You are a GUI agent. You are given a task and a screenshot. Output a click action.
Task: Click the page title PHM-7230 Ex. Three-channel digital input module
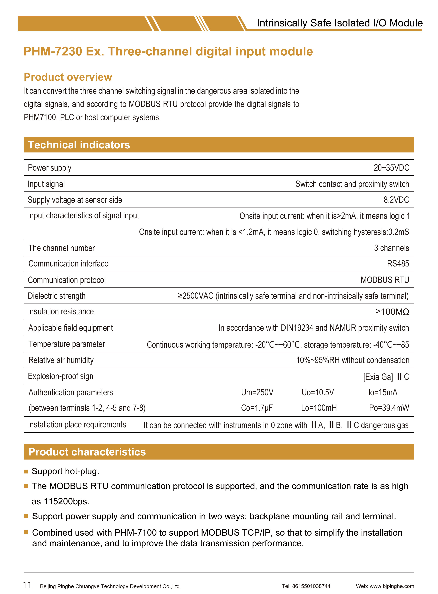(168, 51)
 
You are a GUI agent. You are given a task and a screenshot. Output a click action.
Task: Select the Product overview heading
(68, 77)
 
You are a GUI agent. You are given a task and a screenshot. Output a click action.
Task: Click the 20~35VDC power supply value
(391, 168)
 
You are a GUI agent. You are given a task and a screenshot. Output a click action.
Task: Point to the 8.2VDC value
(396, 200)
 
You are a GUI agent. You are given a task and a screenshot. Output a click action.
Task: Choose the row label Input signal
(46, 184)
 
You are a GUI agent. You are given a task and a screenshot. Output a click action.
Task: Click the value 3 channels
(391, 248)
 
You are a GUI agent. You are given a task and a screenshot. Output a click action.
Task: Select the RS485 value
(398, 264)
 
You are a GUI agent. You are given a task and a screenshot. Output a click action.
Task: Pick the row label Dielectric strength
(57, 296)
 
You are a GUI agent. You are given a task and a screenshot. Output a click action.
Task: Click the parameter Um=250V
(257, 392)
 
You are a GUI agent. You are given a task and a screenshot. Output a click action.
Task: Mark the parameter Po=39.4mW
(389, 408)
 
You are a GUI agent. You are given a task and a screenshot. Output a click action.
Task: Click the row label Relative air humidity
(61, 360)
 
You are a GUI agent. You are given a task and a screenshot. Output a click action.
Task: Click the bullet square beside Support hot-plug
(26, 472)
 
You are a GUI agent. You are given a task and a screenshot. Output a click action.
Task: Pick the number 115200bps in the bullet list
(66, 502)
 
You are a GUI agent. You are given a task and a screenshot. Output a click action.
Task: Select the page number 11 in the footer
(27, 585)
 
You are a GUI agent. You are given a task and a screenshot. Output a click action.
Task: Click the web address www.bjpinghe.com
(392, 586)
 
